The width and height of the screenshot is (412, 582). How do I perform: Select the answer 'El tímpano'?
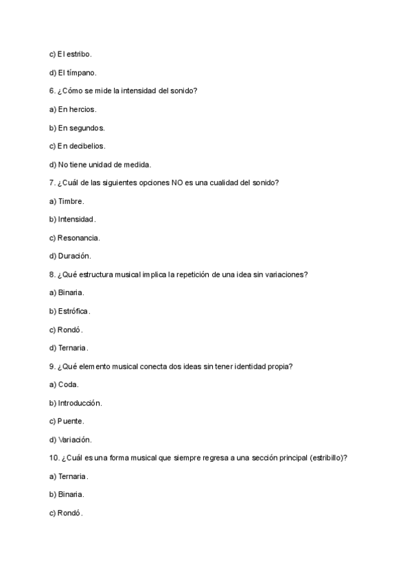tap(77, 72)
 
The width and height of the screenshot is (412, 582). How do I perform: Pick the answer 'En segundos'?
tap(81, 128)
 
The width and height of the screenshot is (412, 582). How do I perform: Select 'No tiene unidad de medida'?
tap(104, 164)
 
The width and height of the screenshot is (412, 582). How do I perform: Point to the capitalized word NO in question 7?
tap(177, 183)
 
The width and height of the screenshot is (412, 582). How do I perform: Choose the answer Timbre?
tap(71, 201)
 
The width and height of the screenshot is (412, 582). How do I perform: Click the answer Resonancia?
tap(79, 237)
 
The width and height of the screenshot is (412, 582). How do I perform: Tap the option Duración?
tap(74, 256)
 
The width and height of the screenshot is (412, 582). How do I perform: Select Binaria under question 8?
tap(71, 292)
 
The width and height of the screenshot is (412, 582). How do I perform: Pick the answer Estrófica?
tap(73, 311)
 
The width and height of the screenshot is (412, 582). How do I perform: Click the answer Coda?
tap(68, 384)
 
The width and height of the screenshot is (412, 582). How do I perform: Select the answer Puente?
tap(71, 421)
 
